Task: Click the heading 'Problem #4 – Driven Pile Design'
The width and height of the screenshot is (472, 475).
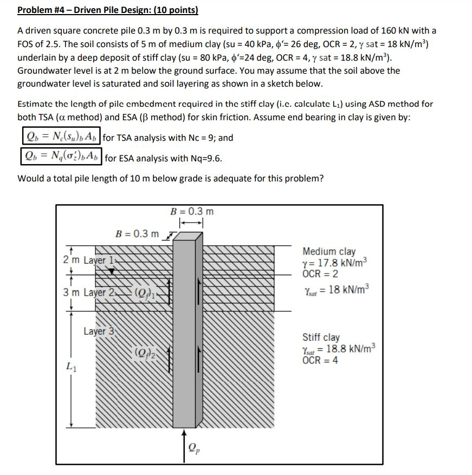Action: (107, 10)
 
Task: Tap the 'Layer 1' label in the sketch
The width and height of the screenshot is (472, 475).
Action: (100, 259)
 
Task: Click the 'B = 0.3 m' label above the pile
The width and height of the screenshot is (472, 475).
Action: (192, 211)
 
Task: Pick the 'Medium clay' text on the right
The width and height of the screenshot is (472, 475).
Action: (329, 251)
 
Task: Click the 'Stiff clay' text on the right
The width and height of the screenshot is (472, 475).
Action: (321, 337)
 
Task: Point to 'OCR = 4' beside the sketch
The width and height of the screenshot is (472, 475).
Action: (320, 361)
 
